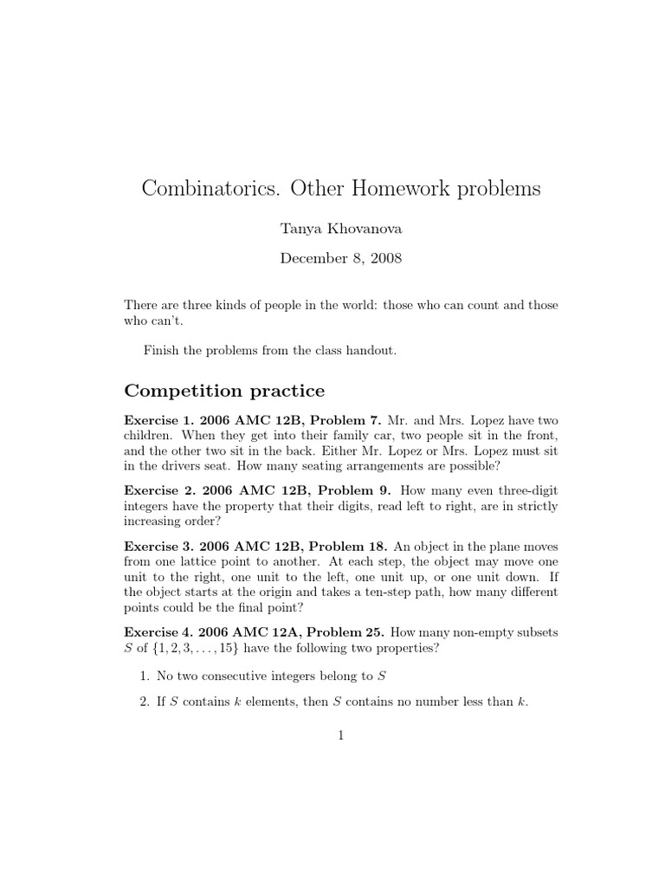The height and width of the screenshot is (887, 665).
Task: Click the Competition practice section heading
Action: [x=225, y=391]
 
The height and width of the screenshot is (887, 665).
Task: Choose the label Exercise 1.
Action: [x=159, y=419]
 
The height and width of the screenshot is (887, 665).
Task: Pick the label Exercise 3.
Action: [x=159, y=547]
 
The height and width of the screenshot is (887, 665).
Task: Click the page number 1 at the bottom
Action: [x=341, y=736]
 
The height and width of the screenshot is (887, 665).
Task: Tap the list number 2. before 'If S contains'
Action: [x=145, y=702]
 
